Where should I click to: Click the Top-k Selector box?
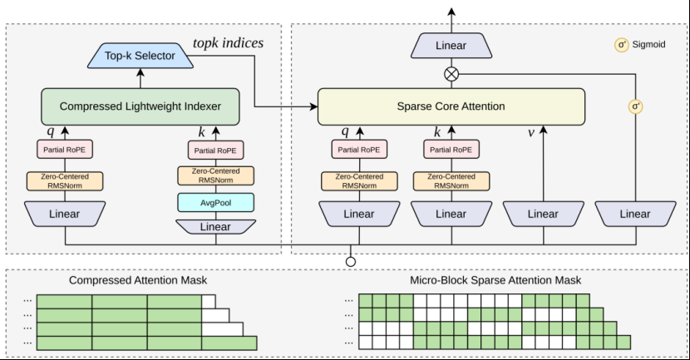pos(140,56)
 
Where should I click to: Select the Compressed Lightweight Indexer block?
pos(140,106)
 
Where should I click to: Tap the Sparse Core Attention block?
pos(451,106)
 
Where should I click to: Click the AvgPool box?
pos(215,202)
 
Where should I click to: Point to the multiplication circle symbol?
pos(451,74)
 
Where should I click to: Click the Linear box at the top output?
pos(451,46)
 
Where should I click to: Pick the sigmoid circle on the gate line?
pos(635,106)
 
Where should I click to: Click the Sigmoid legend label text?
pos(648,44)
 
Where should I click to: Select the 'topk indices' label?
pos(228,42)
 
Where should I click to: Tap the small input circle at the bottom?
pos(351,262)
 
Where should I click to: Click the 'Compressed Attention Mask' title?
pos(138,280)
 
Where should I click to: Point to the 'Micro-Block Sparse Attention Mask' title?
pos(495,280)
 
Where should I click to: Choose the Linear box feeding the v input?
pos(544,214)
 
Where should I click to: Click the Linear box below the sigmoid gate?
pos(635,214)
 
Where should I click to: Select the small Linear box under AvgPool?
pos(215,227)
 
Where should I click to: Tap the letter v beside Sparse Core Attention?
pos(531,132)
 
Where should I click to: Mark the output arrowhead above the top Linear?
pos(451,12)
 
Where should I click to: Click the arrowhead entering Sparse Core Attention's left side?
pos(313,106)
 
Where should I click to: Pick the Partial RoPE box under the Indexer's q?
pos(65,149)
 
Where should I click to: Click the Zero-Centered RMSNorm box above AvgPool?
pos(215,175)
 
